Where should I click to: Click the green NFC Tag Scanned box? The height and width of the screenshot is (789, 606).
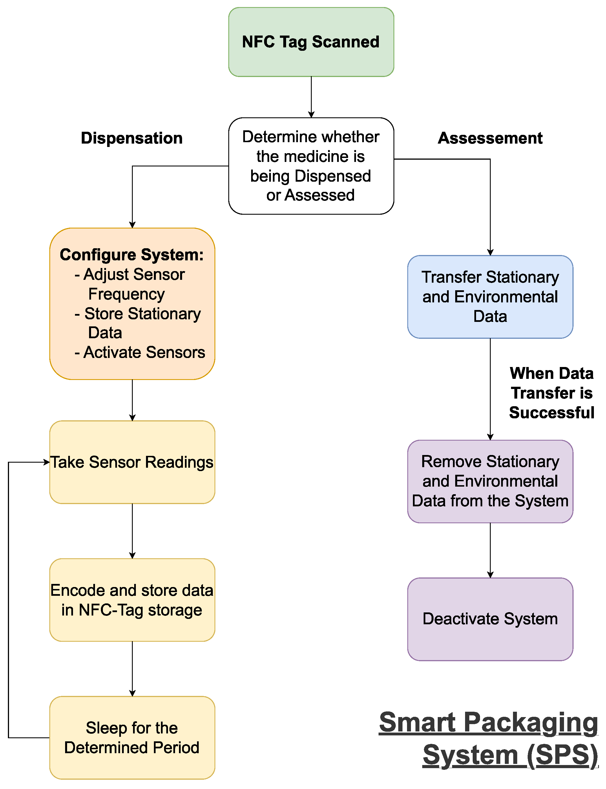pyautogui.click(x=311, y=42)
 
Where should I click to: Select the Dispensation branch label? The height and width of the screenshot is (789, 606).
pyautogui.click(x=132, y=138)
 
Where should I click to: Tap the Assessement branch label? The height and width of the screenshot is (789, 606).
pyautogui.click(x=490, y=138)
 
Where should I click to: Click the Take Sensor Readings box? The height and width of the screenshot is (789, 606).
pyautogui.click(x=132, y=462)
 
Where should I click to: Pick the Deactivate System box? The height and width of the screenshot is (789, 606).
pyautogui.click(x=490, y=619)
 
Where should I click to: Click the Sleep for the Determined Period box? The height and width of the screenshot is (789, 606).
pyautogui.click(x=132, y=737)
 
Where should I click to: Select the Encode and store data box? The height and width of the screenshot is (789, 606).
pyautogui.click(x=132, y=600)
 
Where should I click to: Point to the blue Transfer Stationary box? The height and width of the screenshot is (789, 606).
pyautogui.click(x=490, y=297)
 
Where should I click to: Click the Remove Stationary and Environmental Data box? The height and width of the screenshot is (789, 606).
pyautogui.click(x=490, y=481)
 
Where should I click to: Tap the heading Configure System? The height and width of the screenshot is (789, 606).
pyautogui.click(x=132, y=255)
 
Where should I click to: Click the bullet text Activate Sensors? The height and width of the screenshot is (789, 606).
pyautogui.click(x=144, y=352)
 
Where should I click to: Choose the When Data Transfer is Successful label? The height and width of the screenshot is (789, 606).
pyautogui.click(x=551, y=393)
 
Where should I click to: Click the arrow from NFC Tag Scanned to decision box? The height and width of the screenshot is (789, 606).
pyautogui.click(x=311, y=97)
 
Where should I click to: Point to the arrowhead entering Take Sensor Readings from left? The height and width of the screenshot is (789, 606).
pyautogui.click(x=47, y=462)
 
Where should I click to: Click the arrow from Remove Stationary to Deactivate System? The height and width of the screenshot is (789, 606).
pyautogui.click(x=490, y=550)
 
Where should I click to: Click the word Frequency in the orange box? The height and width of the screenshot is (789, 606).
pyautogui.click(x=126, y=294)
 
